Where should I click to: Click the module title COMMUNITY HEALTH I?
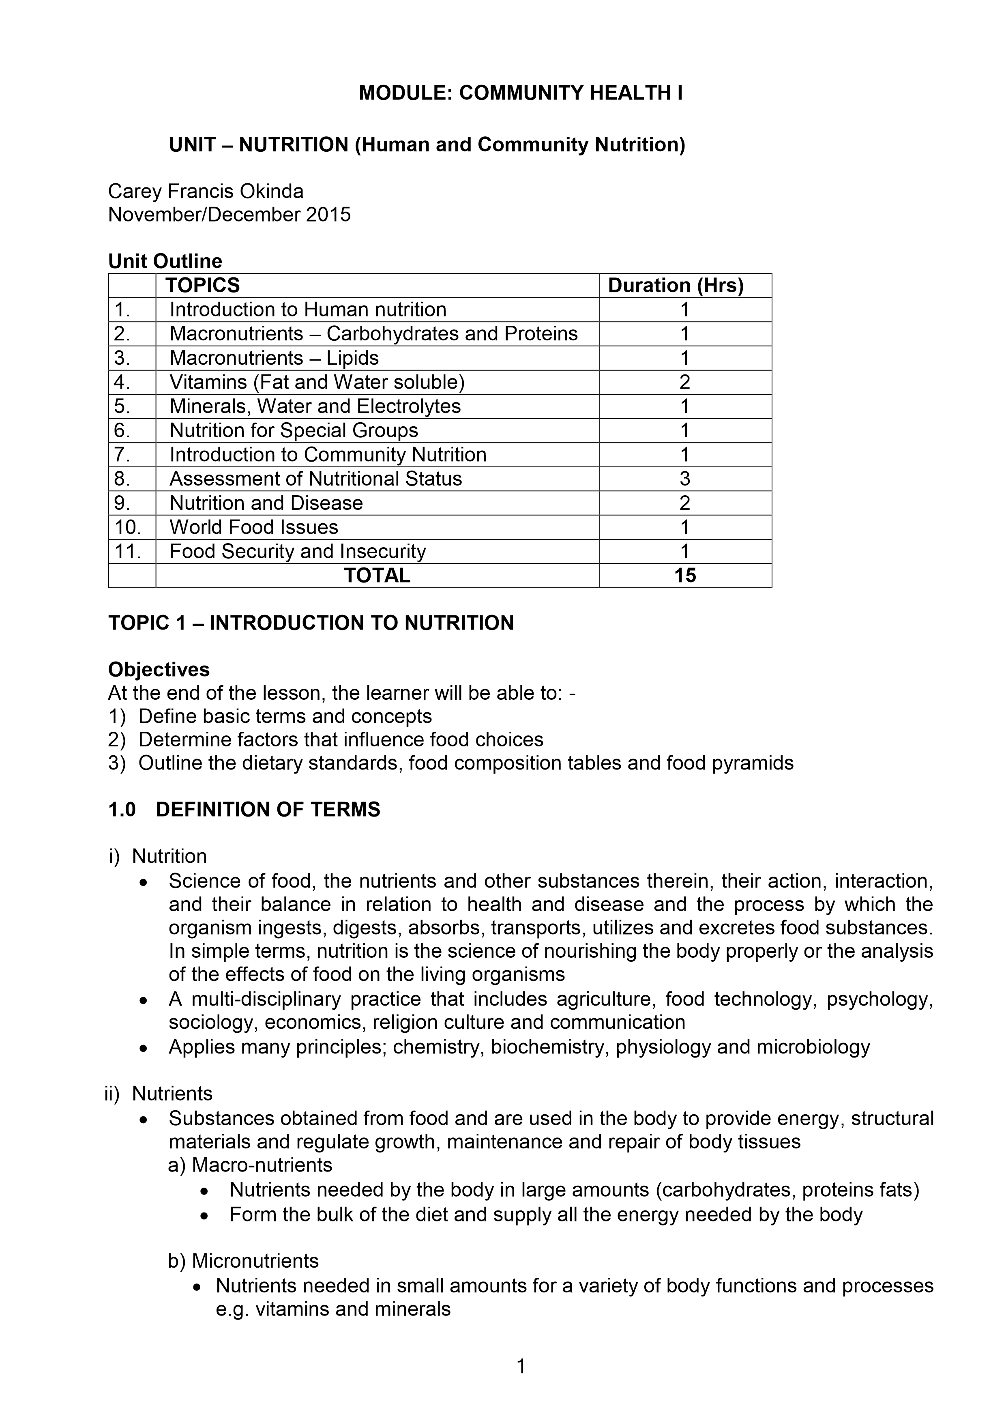[520, 93]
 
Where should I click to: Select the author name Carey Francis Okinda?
[206, 191]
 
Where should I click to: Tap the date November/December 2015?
[229, 215]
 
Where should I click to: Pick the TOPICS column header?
[203, 286]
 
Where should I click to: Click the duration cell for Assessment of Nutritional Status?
[684, 479]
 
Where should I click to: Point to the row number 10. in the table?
[128, 527]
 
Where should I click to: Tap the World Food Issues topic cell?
[254, 527]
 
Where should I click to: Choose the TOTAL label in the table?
[377, 576]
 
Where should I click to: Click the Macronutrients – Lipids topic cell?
[274, 358]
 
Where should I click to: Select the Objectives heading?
[159, 669]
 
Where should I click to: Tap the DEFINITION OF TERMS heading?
[268, 809]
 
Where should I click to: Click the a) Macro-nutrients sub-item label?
[250, 1165]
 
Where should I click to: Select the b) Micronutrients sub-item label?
[243, 1261]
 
